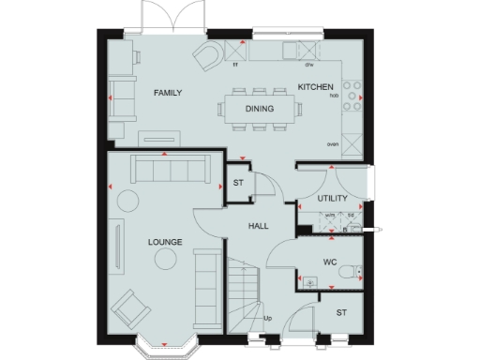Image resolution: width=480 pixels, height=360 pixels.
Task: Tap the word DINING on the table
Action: coord(260,109)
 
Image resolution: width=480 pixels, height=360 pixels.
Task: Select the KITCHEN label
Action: coord(314,87)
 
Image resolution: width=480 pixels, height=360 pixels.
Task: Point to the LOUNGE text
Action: coord(164,242)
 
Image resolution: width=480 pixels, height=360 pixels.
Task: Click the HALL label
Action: coord(260,227)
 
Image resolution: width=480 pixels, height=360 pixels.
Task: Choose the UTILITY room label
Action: coord(333,199)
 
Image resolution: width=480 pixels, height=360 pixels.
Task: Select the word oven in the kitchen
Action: coord(333,144)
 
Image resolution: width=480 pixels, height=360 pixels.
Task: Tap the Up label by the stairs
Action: coord(268,319)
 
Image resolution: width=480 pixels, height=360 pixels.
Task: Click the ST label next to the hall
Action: coord(238,182)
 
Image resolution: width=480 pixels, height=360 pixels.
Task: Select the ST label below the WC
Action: coord(341,313)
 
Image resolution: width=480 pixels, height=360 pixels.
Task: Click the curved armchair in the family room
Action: coord(207,58)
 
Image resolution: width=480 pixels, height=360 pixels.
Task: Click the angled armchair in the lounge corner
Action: coord(132,306)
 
